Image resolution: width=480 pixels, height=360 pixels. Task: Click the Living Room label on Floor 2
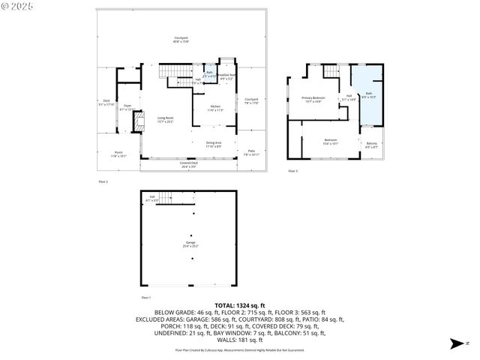click(166, 119)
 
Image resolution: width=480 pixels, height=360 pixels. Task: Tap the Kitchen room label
click(215, 108)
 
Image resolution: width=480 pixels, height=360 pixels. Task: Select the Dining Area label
click(214, 145)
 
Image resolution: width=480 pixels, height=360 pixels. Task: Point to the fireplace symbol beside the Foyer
click(137, 123)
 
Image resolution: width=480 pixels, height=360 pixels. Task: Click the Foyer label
click(127, 107)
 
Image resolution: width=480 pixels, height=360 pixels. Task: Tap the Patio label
click(251, 153)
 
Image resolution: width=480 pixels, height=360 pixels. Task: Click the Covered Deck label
click(188, 164)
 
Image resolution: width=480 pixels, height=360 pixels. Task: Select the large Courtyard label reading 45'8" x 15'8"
click(181, 40)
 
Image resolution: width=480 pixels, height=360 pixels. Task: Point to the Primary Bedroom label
click(313, 99)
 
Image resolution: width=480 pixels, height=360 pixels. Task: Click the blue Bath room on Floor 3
click(368, 96)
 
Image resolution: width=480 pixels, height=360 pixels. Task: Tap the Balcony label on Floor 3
click(372, 145)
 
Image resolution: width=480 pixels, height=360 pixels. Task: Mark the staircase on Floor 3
click(331, 72)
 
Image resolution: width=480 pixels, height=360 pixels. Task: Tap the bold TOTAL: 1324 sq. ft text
click(239, 306)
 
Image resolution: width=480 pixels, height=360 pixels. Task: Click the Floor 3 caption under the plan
click(293, 172)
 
